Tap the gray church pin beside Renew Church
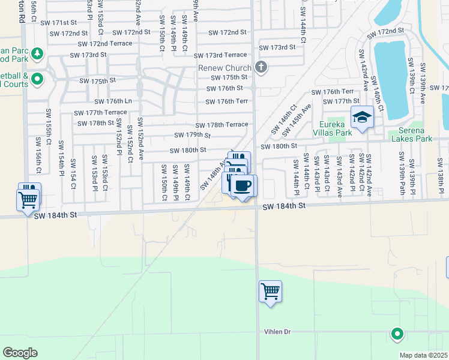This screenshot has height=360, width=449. click(x=261, y=67)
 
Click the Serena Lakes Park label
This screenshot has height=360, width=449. click(x=412, y=134)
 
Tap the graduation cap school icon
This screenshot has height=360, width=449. click(x=362, y=118)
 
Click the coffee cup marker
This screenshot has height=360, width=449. click(x=243, y=185)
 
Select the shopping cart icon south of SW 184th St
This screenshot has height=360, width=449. click(x=270, y=292)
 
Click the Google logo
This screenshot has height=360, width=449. click(x=20, y=353)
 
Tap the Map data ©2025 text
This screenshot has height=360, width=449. click(x=423, y=355)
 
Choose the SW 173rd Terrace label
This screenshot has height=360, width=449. click(x=220, y=55)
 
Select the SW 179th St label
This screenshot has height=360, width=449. click(x=192, y=136)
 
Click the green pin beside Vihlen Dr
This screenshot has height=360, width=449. click(x=396, y=334)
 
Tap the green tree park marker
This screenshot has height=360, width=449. click(x=37, y=54)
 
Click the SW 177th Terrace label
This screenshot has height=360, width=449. click(x=100, y=113)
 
